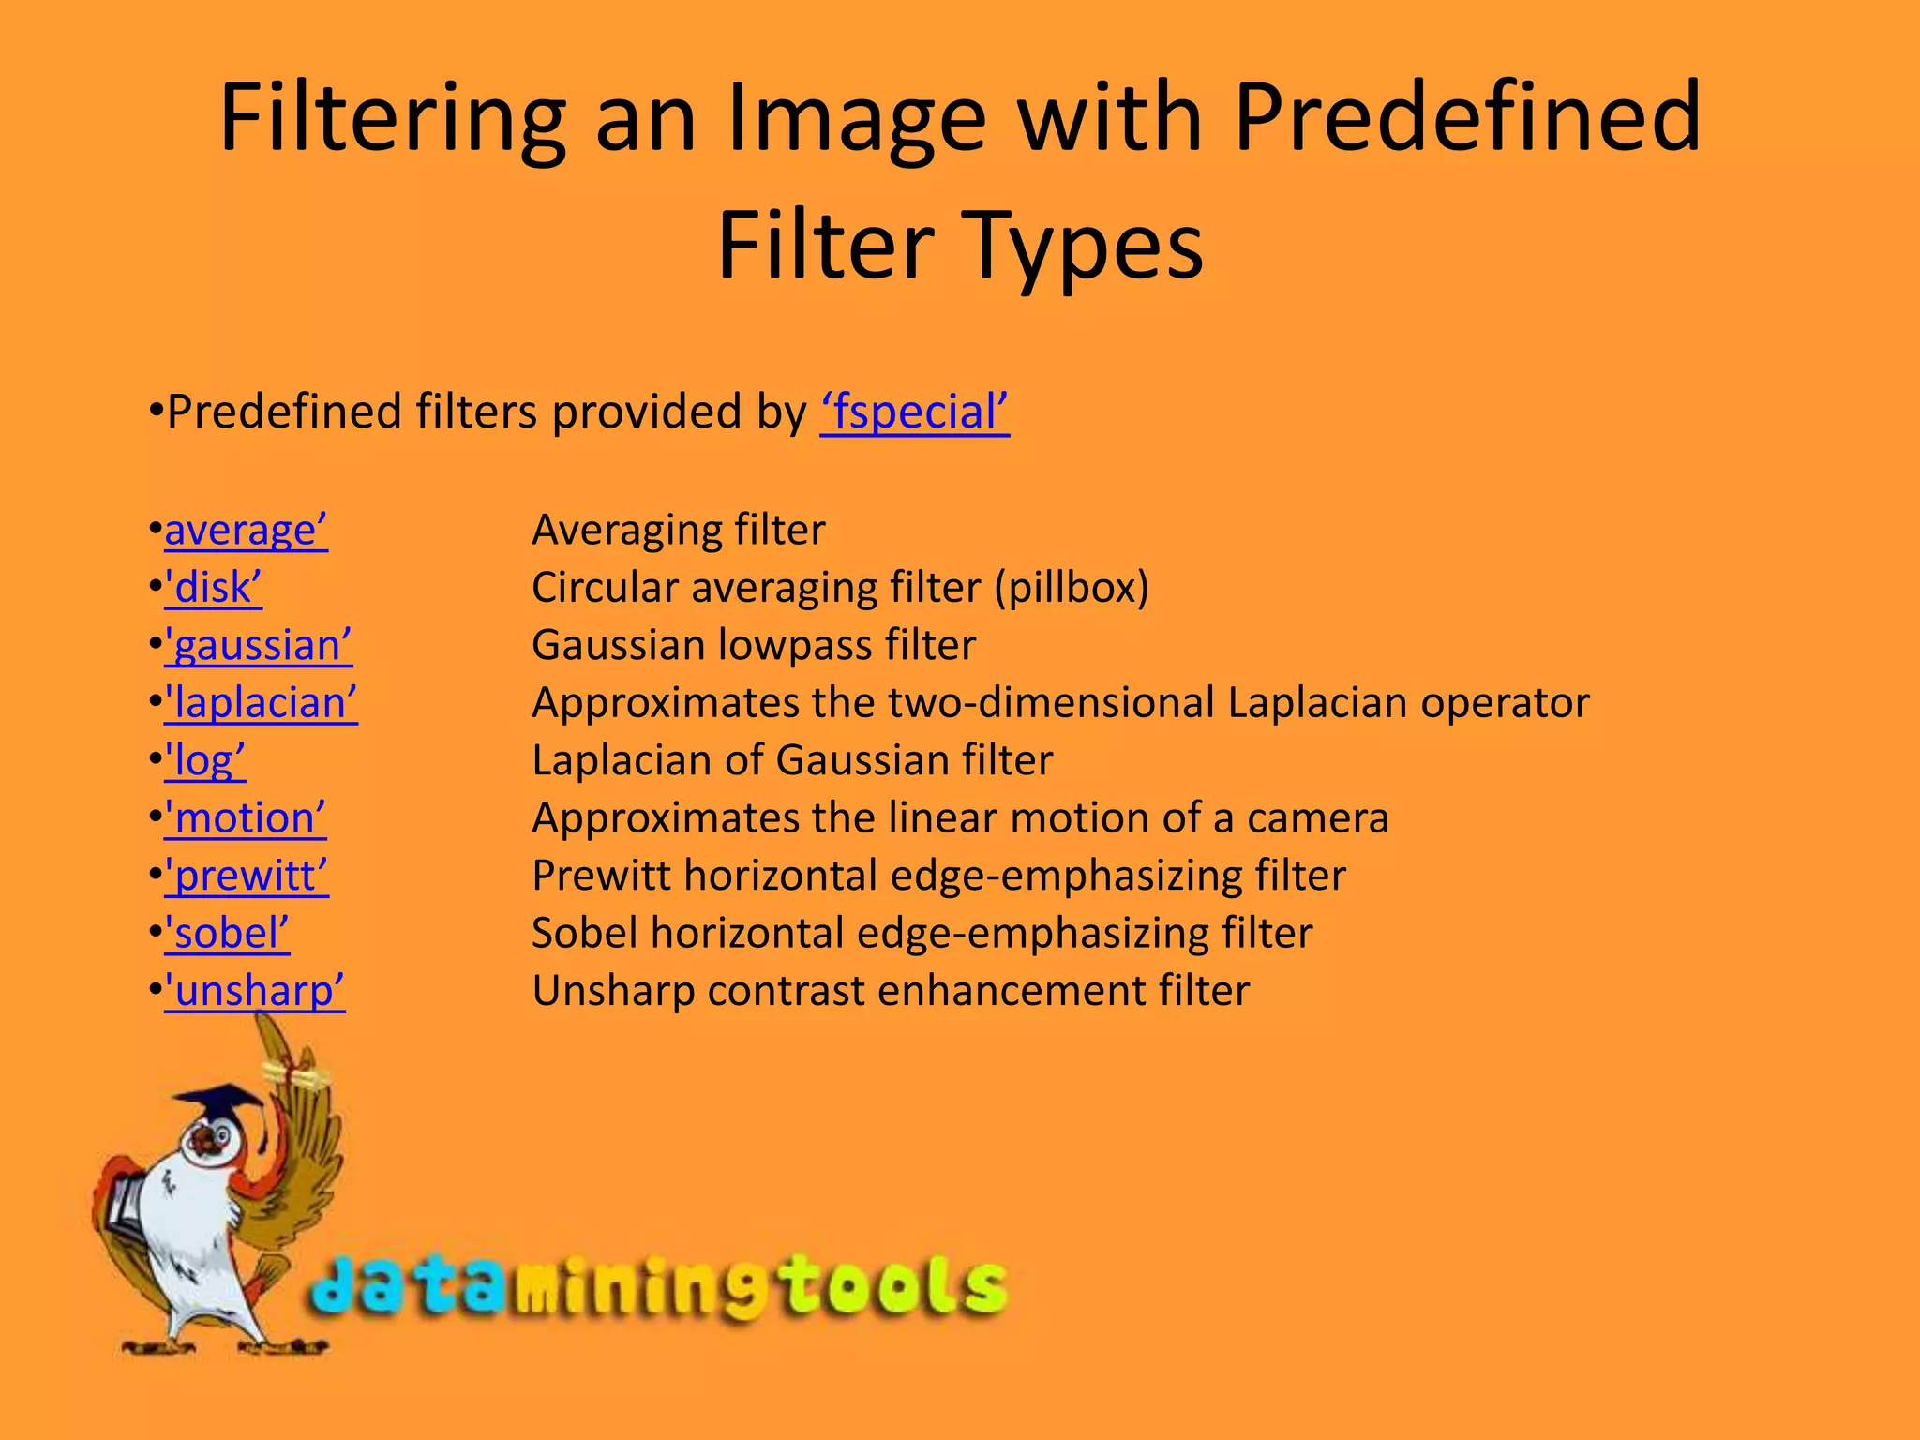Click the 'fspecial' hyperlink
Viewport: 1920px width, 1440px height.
915,412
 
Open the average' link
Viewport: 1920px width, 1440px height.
246,531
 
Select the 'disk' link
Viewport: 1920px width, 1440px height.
213,588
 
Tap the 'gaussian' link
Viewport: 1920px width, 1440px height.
259,646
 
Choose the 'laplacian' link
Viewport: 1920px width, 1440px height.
261,703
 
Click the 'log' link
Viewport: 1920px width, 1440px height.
205,761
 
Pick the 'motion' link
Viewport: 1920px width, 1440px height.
246,818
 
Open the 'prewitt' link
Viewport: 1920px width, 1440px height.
247,877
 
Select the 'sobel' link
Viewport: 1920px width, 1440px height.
227,934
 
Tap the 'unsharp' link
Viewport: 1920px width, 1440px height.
255,992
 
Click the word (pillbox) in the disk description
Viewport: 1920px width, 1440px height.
1072,588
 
